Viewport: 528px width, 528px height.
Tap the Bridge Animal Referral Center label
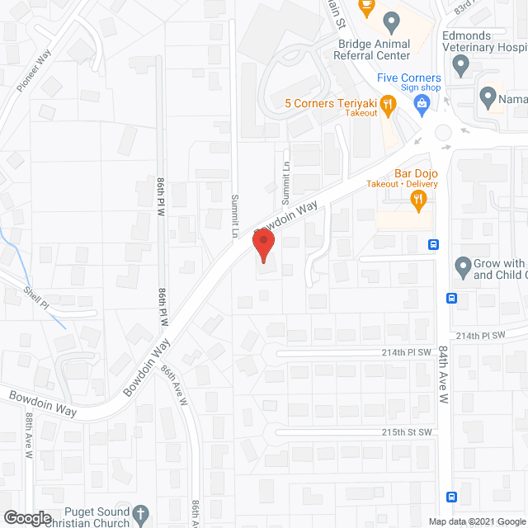(x=374, y=49)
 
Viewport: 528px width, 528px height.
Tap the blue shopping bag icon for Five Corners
(x=422, y=102)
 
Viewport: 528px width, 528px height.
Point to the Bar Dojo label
(x=415, y=172)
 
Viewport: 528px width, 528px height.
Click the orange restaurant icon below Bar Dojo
(x=419, y=198)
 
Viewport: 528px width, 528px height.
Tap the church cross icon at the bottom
(x=141, y=513)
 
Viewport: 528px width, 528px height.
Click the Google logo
(x=26, y=518)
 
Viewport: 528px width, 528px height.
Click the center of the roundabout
(x=444, y=133)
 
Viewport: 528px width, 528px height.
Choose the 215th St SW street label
(x=408, y=432)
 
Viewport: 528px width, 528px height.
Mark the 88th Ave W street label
(x=28, y=436)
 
